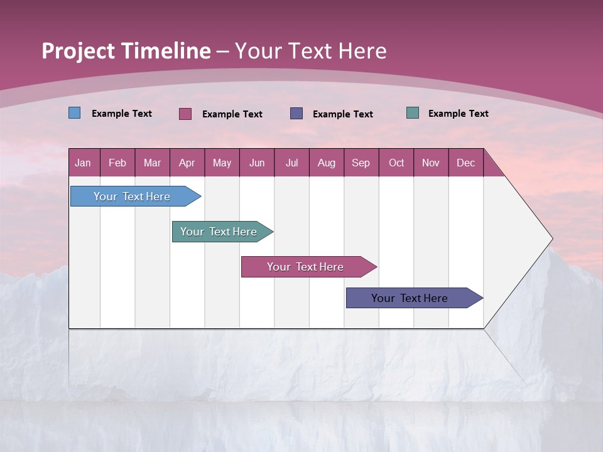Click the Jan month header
click(83, 163)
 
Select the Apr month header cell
click(187, 163)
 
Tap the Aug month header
click(326, 163)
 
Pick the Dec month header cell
click(465, 163)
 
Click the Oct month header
click(396, 163)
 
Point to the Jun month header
click(256, 163)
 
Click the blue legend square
click(74, 113)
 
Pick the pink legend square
click(185, 114)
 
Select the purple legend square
click(296, 114)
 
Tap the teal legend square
click(412, 113)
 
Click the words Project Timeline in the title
click(126, 51)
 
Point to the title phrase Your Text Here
click(310, 51)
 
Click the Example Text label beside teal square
click(458, 114)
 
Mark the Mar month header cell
click(152, 163)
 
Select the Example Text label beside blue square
click(121, 114)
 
